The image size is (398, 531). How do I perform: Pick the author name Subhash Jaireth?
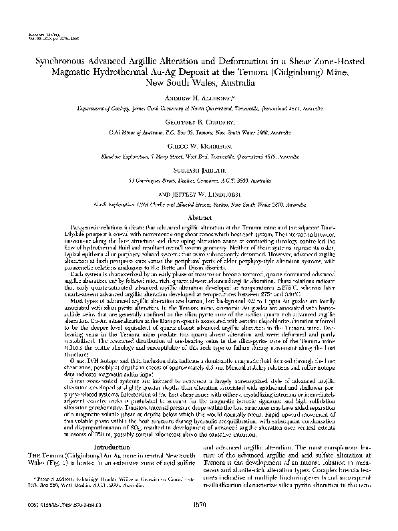point(198,171)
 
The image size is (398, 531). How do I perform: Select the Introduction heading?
point(106,409)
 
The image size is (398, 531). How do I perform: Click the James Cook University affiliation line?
point(198,107)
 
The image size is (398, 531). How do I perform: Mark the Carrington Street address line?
point(198,181)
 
